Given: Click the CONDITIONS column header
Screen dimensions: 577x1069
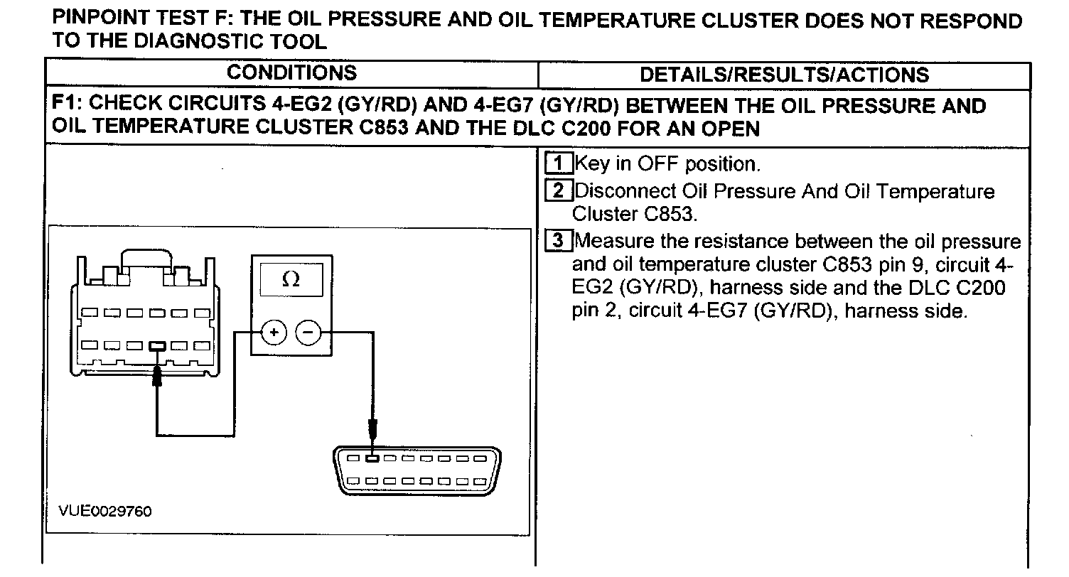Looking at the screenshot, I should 291,72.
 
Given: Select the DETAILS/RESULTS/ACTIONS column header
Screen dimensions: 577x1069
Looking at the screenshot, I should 784,75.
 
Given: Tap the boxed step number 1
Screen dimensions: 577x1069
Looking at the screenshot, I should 559,164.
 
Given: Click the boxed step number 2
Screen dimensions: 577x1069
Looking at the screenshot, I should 559,191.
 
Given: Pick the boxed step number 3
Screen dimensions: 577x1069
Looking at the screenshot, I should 559,241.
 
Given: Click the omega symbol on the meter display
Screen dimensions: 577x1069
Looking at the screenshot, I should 291,279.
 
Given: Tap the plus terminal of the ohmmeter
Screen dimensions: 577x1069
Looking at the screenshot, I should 274,333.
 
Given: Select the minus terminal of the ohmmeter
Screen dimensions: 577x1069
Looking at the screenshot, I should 308,333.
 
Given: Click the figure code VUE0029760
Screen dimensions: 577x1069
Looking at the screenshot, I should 105,512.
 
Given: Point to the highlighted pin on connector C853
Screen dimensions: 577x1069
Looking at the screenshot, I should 158,346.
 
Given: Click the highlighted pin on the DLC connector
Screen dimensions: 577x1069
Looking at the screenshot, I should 372,458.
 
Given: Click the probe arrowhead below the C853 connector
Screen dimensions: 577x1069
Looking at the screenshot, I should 158,376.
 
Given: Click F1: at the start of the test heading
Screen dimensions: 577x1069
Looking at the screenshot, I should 67,107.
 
